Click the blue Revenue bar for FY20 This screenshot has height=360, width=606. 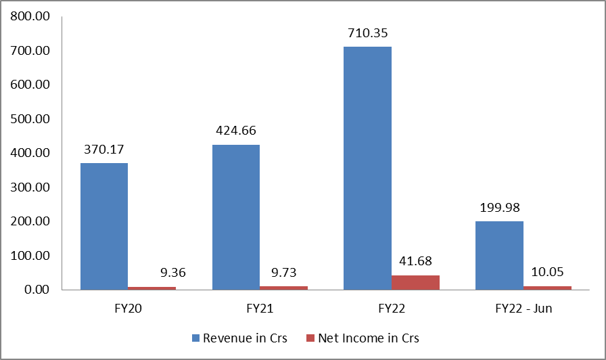[x=104, y=226]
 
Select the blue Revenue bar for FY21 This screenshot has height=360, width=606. [x=236, y=217]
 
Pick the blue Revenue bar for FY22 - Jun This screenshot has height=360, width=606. [x=499, y=255]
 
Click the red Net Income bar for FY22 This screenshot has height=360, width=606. [x=415, y=282]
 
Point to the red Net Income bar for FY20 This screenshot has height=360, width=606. [x=152, y=288]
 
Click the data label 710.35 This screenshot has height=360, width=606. [x=367, y=32]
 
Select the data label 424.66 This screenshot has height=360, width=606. [x=236, y=131]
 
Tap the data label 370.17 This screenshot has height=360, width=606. [x=104, y=149]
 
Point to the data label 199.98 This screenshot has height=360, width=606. [x=499, y=207]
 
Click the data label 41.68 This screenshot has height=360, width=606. [x=415, y=261]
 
